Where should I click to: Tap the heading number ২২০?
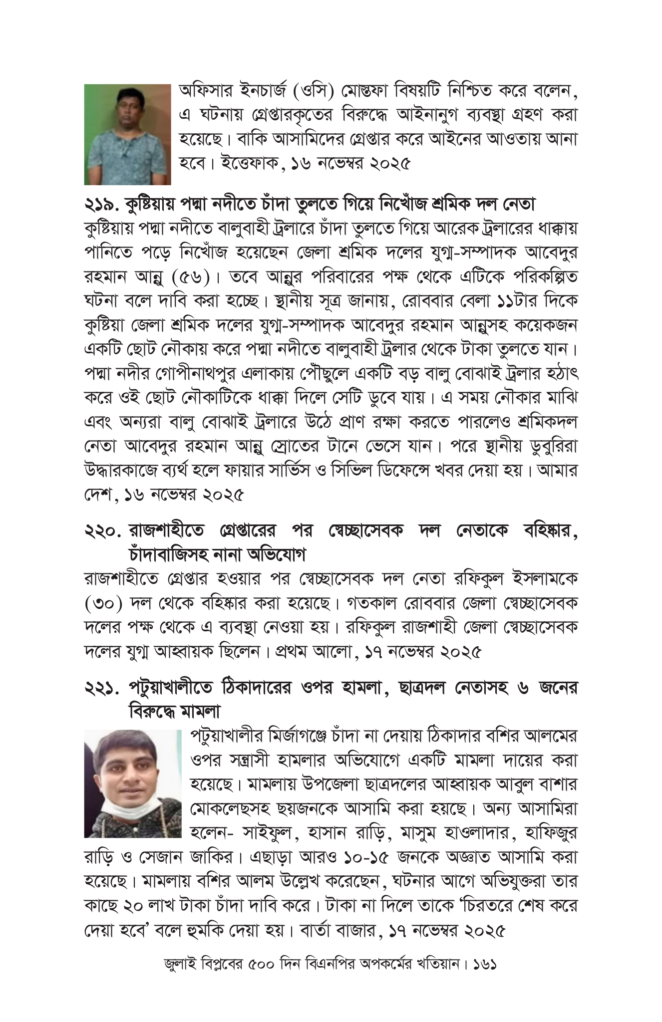[102, 530]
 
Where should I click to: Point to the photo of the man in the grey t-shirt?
[127, 135]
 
